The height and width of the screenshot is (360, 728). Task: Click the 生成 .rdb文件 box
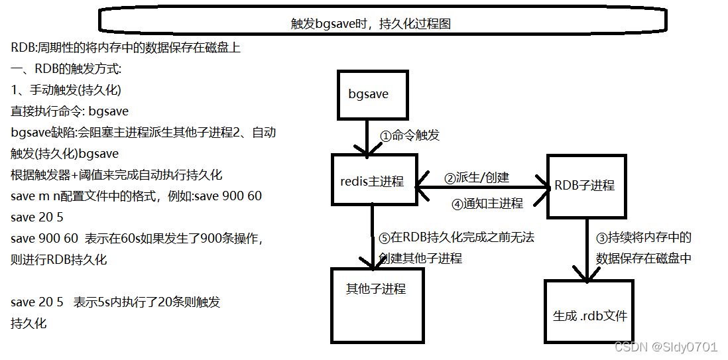589,315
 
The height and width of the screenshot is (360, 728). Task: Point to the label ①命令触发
410,135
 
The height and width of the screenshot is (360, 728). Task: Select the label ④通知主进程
487,204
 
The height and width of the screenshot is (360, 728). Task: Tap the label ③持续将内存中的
643,237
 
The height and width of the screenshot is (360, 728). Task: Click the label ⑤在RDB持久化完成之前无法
455,237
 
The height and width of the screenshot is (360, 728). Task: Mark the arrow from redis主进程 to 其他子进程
373,235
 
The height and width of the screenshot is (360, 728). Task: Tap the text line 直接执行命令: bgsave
70,111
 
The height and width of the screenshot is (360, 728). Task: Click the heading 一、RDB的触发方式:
66,69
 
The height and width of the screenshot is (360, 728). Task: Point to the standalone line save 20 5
37,217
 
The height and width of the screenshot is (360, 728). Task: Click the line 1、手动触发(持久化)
66,90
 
